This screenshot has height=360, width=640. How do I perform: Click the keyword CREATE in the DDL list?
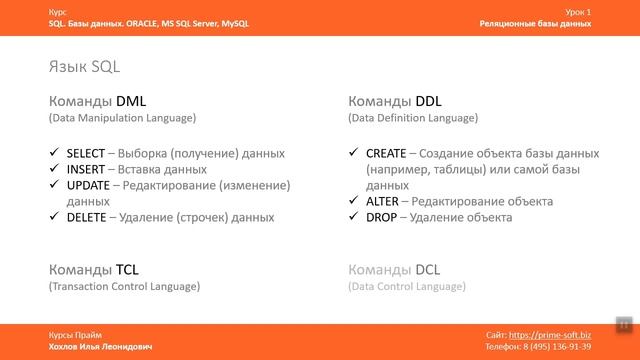pos(386,154)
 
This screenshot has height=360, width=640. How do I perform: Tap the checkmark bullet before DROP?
pos(355,216)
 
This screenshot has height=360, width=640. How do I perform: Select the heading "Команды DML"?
pos(97,101)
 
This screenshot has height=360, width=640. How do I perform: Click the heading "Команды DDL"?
pos(395,101)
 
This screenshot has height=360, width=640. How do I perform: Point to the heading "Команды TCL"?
pos(93,270)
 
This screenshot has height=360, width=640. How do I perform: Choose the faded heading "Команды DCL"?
pos(393,270)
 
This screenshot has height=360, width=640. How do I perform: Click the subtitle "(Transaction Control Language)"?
pos(124,287)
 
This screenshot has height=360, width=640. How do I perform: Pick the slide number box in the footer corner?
pos(622,324)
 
